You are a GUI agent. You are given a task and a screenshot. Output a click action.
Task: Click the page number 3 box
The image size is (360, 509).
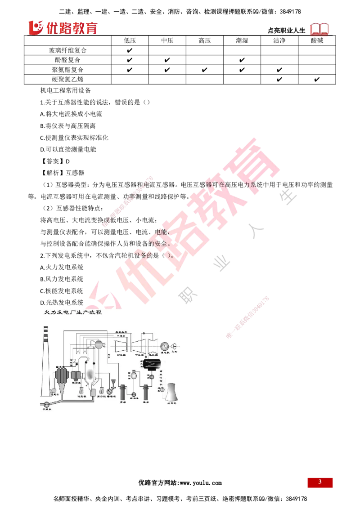320,482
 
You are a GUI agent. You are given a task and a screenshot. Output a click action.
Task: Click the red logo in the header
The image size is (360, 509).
63,28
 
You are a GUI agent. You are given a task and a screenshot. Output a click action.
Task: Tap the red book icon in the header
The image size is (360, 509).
320,29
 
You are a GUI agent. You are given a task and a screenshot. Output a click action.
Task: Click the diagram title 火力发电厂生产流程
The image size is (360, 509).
72,312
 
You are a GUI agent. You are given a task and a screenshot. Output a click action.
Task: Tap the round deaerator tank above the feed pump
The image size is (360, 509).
133,375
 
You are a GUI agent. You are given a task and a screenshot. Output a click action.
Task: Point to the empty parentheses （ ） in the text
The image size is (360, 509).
168,254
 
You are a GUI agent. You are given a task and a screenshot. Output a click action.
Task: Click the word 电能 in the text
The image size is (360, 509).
161,233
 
